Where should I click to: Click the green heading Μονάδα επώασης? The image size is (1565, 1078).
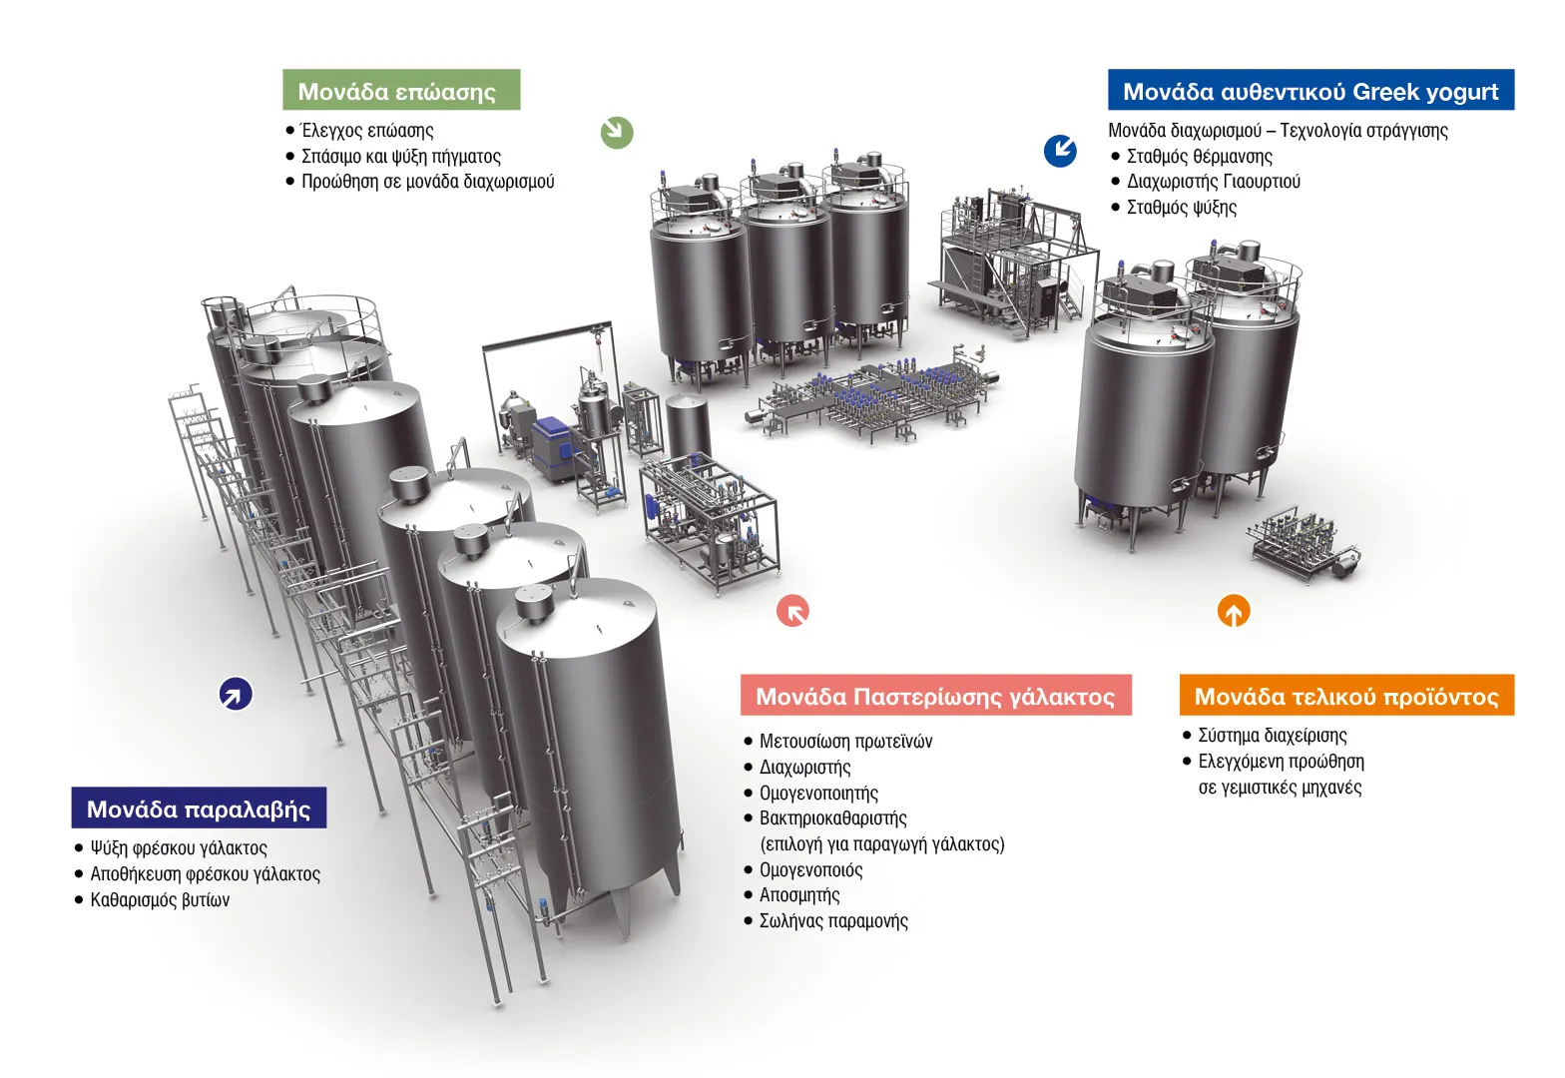(401, 90)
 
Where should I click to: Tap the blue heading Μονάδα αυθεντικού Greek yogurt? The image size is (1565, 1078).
(1310, 90)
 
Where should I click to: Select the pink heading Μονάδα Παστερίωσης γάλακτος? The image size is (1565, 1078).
(935, 695)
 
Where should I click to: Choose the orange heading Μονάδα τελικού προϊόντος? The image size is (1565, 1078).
(1346, 695)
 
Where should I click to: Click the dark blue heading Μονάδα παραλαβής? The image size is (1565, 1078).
(199, 808)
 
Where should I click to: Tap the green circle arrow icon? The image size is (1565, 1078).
(617, 132)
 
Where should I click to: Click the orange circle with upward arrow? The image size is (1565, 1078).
(1234, 611)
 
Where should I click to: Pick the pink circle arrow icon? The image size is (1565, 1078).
(792, 611)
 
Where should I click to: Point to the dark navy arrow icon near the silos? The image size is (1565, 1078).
(237, 694)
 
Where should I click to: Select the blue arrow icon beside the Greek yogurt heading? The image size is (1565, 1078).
(1061, 151)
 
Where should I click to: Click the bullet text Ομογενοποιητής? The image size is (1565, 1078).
(818, 793)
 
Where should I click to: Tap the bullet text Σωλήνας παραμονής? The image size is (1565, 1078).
(833, 921)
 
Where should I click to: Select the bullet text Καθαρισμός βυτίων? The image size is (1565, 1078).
(160, 900)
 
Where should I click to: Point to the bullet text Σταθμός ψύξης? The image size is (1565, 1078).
(1182, 208)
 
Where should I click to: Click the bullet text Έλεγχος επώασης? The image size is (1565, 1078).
(367, 131)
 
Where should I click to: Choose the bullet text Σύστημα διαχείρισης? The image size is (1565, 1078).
(1273, 736)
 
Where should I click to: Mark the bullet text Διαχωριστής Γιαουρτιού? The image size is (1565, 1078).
(1214, 182)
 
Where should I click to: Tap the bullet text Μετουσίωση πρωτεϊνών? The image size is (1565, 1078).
(846, 742)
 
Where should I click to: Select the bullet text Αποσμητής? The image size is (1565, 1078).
(799, 895)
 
